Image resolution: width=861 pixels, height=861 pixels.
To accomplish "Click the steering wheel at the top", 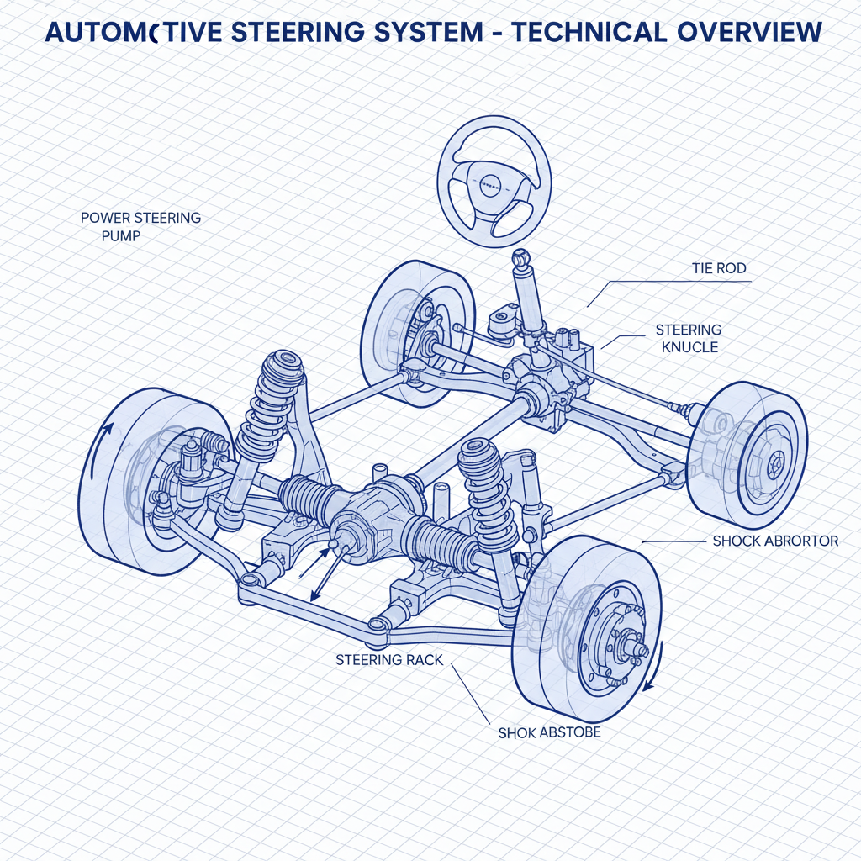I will [x=493, y=182].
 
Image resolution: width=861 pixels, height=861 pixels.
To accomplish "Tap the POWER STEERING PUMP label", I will [x=140, y=226].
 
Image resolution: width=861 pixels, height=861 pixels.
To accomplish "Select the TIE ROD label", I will [x=719, y=268].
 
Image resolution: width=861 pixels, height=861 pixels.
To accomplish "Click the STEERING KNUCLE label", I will [x=689, y=338].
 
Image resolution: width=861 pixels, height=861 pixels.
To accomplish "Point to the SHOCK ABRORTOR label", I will [x=775, y=541].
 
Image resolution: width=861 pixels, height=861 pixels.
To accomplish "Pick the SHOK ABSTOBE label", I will [x=549, y=732].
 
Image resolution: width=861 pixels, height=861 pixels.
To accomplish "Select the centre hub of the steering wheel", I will [x=490, y=182].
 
